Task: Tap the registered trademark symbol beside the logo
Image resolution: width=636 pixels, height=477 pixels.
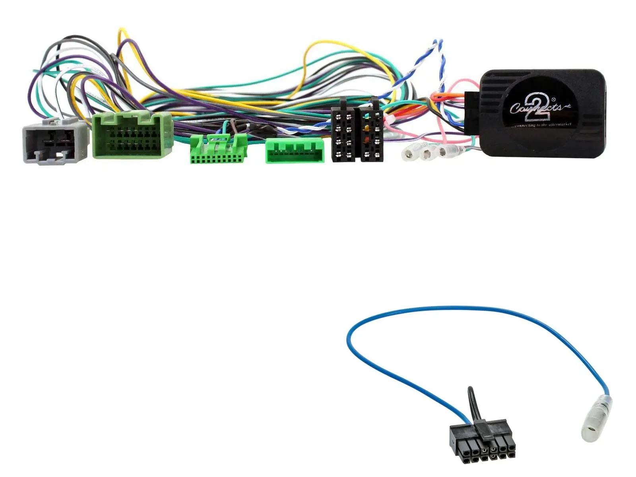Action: (553, 99)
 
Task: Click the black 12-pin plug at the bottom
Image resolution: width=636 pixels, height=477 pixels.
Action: (482, 441)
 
